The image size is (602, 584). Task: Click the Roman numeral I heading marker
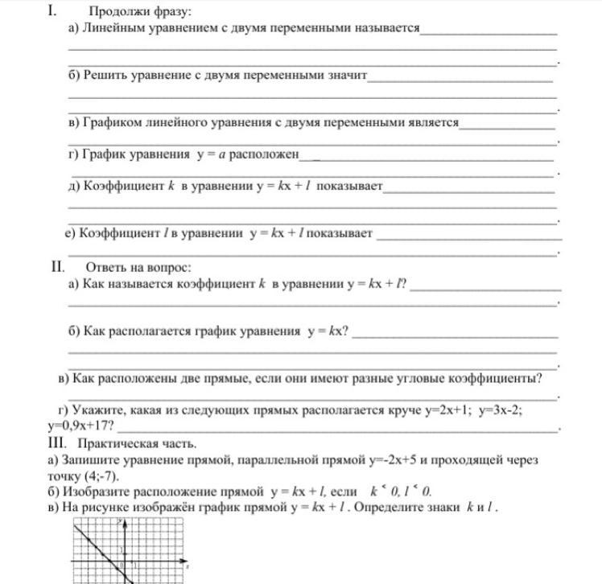pos(51,11)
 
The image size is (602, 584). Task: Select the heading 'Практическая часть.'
pos(137,443)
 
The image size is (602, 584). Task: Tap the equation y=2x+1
pos(447,410)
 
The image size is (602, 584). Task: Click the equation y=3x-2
pos(500,410)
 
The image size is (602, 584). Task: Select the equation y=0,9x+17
pos(80,426)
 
